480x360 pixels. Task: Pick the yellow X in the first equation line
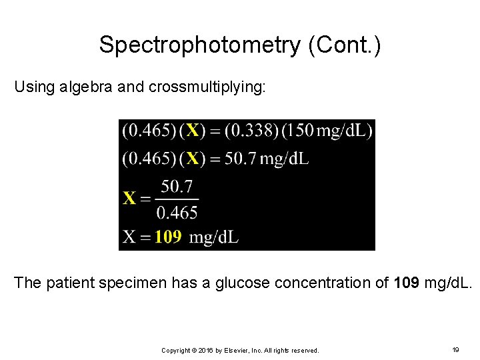pyautogui.click(x=192, y=130)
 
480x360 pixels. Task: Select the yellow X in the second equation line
pyautogui.click(x=192, y=158)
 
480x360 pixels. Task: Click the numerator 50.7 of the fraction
pyautogui.click(x=177, y=186)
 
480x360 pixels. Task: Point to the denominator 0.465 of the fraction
pyautogui.click(x=177, y=213)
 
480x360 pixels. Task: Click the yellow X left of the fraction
pyautogui.click(x=129, y=198)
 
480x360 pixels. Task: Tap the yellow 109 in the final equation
pyautogui.click(x=168, y=237)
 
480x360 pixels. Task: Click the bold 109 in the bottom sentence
pyautogui.click(x=407, y=283)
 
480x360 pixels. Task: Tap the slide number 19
pyautogui.click(x=456, y=349)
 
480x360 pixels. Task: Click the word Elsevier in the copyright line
pyautogui.click(x=231, y=350)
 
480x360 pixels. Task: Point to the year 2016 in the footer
pyautogui.click(x=204, y=350)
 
